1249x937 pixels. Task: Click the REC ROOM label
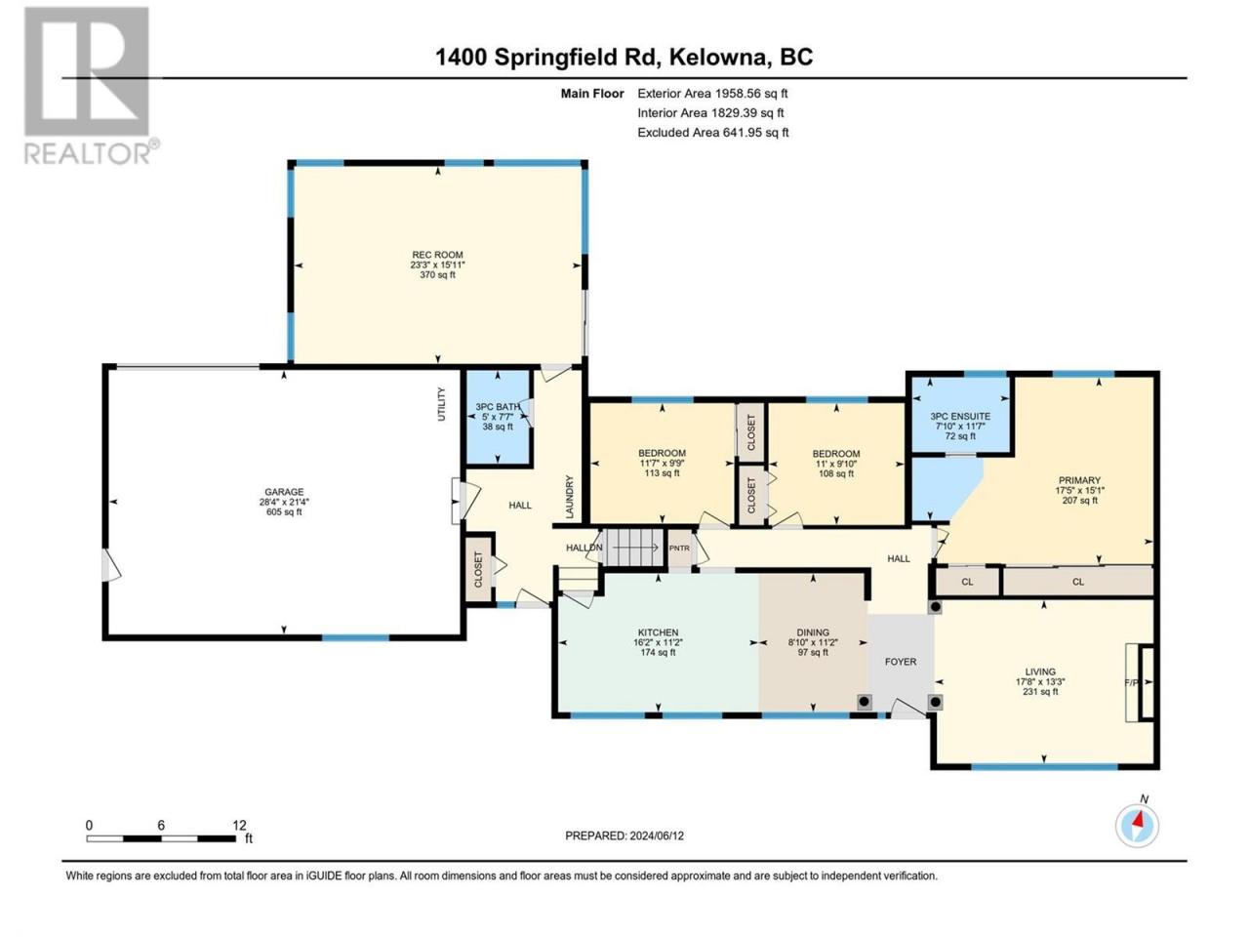[437, 255]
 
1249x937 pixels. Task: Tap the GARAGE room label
[284, 492]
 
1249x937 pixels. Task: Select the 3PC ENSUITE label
[960, 417]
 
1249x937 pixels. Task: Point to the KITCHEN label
[658, 632]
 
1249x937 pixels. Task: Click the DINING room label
[813, 632]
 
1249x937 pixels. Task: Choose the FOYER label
[901, 662]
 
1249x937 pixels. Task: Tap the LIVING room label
[1040, 672]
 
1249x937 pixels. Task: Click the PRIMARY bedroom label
[1079, 480]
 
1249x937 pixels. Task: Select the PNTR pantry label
[679, 549]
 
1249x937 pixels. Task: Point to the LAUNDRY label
[570, 497]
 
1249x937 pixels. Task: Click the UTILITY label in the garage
[441, 404]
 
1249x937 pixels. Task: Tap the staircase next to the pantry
[633, 548]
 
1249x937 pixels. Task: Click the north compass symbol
[1137, 826]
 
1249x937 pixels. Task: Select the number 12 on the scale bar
[240, 825]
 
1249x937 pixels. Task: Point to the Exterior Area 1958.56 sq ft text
[712, 94]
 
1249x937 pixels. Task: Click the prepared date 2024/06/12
[656, 835]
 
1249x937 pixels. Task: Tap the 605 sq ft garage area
[284, 512]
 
